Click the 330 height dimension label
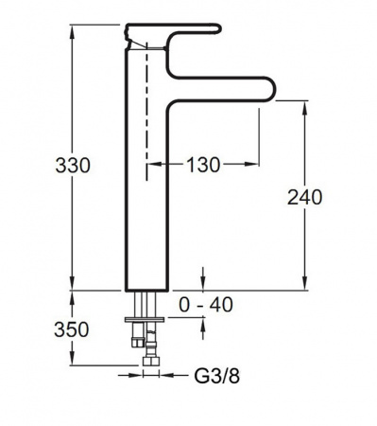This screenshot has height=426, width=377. coord(73,166)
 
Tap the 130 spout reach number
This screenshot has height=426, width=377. coord(203,165)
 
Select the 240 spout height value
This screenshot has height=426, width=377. coord(305,198)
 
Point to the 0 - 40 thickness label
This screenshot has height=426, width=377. coord(206,305)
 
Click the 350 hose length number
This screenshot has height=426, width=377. coord(72,330)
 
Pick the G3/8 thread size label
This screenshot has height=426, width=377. coord(217,376)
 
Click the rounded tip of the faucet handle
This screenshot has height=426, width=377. coord(219,28)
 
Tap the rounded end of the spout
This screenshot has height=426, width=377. coord(271,88)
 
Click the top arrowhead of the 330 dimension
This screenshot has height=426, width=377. coord(73,31)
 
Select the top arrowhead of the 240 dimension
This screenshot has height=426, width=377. coord(305,108)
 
